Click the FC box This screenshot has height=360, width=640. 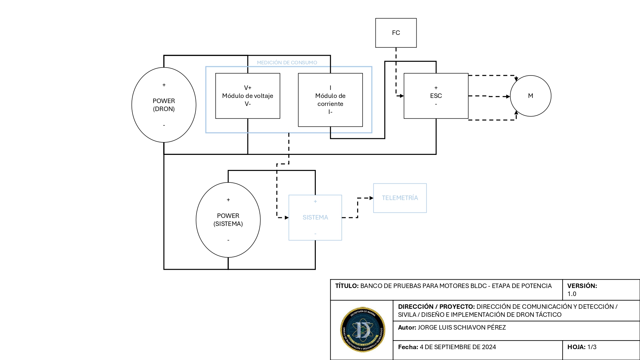point(396,33)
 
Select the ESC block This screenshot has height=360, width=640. point(436,96)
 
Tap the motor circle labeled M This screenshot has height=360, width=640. point(530,96)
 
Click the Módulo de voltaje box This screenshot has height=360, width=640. point(248,96)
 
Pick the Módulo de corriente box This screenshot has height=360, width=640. point(330,100)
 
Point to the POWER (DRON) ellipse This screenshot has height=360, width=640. point(164,105)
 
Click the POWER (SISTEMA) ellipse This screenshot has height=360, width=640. point(228,220)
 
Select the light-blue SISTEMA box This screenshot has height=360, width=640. point(315,218)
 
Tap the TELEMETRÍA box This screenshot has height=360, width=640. point(400,198)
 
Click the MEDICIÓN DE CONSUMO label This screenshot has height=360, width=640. point(287,63)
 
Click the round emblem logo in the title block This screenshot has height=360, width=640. point(363,330)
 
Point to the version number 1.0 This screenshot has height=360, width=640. point(572,294)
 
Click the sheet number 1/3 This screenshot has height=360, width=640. point(592,347)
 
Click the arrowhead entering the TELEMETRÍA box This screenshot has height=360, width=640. point(371,198)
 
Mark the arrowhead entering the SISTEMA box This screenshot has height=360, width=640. point(287,218)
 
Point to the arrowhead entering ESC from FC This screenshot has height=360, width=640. point(402,96)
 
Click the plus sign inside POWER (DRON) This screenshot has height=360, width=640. point(164,85)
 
